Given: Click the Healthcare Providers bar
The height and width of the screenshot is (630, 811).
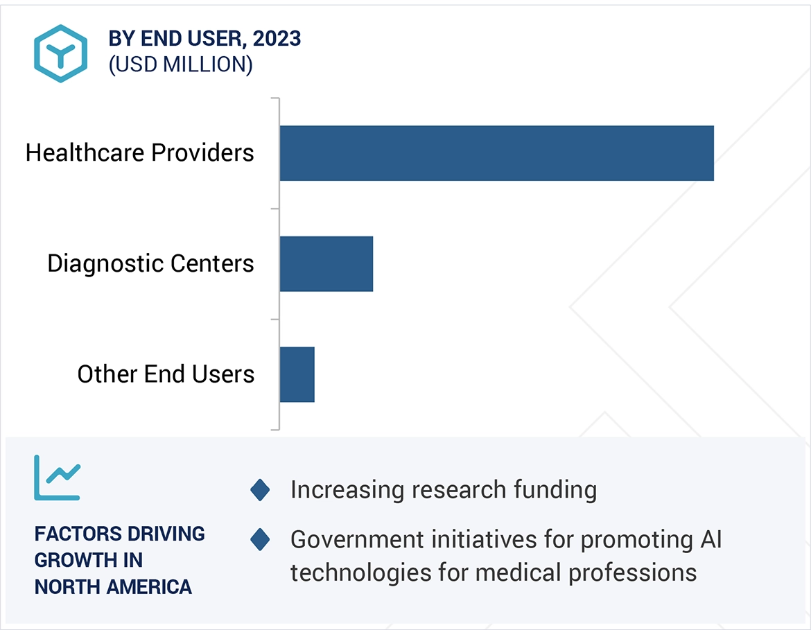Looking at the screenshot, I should pyautogui.click(x=496, y=153).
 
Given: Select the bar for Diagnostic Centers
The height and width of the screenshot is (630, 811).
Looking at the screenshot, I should pyautogui.click(x=326, y=263).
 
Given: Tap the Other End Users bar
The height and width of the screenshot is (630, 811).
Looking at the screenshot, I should pyautogui.click(x=297, y=374).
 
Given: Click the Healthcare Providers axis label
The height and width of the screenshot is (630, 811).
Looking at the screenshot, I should pyautogui.click(x=140, y=152).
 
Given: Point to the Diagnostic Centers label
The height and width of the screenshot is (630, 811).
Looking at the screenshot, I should pyautogui.click(x=150, y=263).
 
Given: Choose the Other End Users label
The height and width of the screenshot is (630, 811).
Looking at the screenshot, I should pyautogui.click(x=166, y=374).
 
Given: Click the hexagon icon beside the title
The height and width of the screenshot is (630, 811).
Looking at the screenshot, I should pyautogui.click(x=61, y=53).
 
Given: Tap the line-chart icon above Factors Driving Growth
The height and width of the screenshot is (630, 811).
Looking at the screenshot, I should pyautogui.click(x=58, y=478).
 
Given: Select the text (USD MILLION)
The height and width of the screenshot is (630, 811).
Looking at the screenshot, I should pyautogui.click(x=180, y=64).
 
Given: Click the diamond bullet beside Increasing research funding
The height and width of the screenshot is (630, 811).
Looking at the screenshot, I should pyautogui.click(x=260, y=490).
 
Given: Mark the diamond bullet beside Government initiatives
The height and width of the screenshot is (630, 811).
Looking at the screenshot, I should pyautogui.click(x=260, y=539).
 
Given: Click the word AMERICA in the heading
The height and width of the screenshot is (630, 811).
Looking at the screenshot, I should pyautogui.click(x=149, y=587).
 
